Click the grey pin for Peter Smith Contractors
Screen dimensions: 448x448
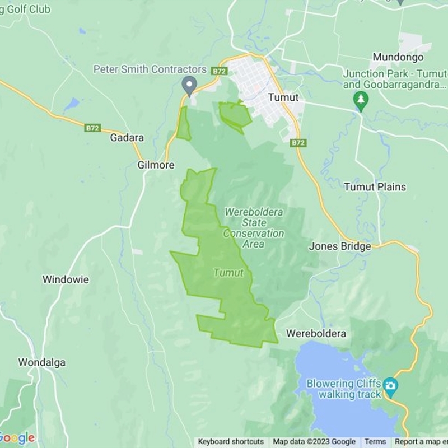point(189,85)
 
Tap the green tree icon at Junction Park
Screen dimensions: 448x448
point(361,101)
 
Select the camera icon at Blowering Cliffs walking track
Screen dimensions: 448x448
point(390,385)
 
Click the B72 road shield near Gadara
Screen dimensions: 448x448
point(92,128)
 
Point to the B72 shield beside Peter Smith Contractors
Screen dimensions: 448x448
point(219,71)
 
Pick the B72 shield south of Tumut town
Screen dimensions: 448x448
point(298,143)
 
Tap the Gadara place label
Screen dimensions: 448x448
point(127,138)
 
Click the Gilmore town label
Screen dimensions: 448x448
point(156,165)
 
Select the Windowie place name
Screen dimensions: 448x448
point(66,279)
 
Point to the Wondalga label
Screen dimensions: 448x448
point(41,362)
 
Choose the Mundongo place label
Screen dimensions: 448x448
point(398,58)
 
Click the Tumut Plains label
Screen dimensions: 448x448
point(375,186)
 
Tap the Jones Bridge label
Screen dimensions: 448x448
point(340,246)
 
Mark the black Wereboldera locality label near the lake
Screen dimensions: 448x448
point(316,333)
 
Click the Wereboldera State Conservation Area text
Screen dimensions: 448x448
point(254,228)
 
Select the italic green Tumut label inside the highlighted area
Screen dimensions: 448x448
point(228,273)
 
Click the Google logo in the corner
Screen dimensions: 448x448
point(17,437)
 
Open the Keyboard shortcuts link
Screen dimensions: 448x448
point(231,442)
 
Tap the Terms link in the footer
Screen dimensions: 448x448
point(375,442)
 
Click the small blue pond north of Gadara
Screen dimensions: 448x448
point(71,104)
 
